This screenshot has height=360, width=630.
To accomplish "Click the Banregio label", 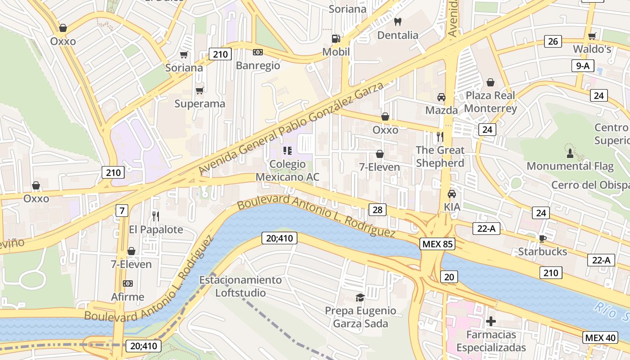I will (x=258, y=66).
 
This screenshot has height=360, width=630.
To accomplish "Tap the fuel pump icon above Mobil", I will (x=336, y=39).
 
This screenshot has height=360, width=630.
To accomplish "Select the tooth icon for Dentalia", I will (x=397, y=22).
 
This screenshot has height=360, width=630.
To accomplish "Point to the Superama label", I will (x=199, y=104).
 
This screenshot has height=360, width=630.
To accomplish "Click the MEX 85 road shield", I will (x=437, y=244).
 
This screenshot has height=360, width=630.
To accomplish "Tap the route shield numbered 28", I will (x=377, y=209).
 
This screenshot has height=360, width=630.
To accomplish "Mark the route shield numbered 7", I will (x=121, y=210).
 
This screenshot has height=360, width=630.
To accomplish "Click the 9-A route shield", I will (x=582, y=66).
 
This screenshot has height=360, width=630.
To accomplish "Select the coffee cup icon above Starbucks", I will (x=543, y=238).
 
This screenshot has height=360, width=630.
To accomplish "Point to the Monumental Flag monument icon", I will (x=570, y=153).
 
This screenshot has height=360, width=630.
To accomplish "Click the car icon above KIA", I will (x=451, y=194).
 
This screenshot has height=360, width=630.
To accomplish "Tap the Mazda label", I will (x=441, y=110).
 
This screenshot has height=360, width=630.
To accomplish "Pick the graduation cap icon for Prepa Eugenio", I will (x=360, y=297).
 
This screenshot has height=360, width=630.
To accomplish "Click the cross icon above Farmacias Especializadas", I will (x=490, y=321).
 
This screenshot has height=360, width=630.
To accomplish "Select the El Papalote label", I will (x=156, y=229).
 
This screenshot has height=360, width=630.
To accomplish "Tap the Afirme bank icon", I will (x=128, y=283).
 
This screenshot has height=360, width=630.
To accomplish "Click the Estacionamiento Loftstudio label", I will (x=240, y=286).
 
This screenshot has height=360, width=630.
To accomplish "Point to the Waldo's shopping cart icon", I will (x=592, y=36).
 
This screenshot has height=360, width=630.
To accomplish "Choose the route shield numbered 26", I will (x=553, y=41).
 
